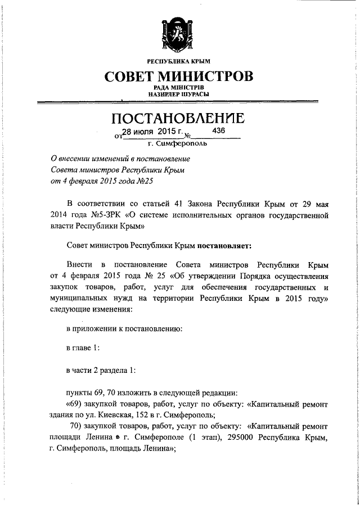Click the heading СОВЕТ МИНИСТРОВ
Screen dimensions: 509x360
click(x=178, y=75)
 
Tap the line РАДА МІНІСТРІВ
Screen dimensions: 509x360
click(x=178, y=88)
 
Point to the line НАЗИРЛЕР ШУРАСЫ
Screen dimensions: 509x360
click(x=178, y=94)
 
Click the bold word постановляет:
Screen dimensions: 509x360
click(x=222, y=246)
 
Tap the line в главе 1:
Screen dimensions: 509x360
click(x=83, y=347)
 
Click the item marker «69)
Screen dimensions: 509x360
click(x=76, y=404)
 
